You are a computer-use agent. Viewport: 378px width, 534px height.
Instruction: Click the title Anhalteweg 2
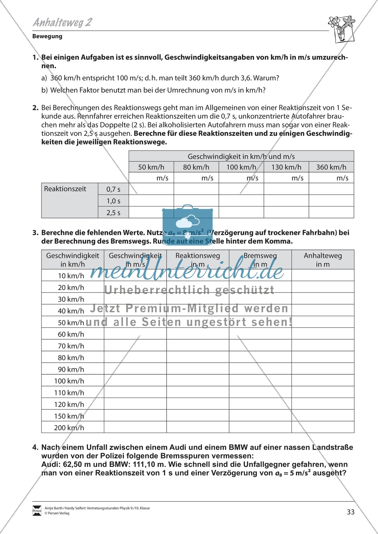coord(62,22)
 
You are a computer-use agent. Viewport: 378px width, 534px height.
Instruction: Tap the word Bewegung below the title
coord(47,36)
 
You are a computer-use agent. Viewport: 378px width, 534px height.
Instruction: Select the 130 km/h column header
coord(286,167)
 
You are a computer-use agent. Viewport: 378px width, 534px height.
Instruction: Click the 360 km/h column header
coord(331,167)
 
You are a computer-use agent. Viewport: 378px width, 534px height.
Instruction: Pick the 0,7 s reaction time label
coord(113,189)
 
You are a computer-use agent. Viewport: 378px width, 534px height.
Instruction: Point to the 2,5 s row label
coord(113,213)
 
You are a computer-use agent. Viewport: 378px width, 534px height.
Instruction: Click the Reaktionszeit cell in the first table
coord(65,189)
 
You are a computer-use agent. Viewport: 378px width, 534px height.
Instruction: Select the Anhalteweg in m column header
coord(323,260)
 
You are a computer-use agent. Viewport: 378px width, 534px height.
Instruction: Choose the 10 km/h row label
coord(71,275)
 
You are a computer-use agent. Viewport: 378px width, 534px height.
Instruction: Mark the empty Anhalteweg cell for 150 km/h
coord(323,416)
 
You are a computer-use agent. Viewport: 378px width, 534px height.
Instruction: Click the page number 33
coord(350,512)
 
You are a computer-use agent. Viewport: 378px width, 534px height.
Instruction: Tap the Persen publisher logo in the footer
coord(37,510)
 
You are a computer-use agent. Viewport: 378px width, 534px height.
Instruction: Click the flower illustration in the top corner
coord(341,29)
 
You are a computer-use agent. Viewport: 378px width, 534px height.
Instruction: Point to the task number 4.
coord(35,447)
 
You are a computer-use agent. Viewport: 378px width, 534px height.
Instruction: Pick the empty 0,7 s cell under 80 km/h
coord(196,189)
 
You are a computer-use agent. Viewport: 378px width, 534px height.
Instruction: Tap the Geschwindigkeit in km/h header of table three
coord(72,260)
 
